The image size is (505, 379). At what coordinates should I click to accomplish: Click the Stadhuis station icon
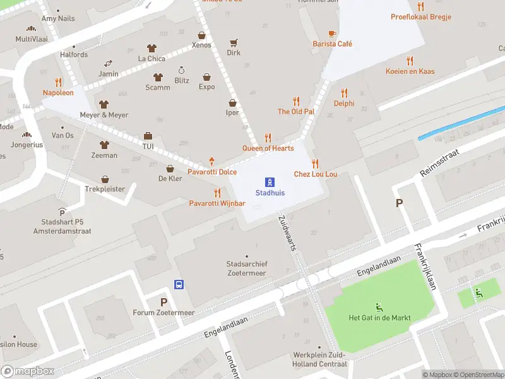[269, 182]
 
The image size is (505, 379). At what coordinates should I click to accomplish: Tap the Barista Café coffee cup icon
[332, 33]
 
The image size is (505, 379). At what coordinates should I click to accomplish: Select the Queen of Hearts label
[268, 148]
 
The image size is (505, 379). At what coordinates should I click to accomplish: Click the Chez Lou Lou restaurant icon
[315, 164]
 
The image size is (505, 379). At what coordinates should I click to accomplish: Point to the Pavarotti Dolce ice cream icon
[212, 162]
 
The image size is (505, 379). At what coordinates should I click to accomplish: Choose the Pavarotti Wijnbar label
[217, 203]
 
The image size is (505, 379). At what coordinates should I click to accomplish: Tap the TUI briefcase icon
[148, 136]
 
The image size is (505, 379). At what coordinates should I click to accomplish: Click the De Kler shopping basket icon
[170, 169]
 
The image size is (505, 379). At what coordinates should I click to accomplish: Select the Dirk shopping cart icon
[234, 43]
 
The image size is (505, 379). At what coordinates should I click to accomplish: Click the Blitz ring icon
[182, 70]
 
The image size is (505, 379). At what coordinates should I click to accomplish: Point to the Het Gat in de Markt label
[380, 318]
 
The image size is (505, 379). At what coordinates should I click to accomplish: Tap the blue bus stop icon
[179, 284]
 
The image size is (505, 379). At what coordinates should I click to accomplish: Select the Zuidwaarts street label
[287, 233]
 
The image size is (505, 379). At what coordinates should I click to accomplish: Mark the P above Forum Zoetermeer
[163, 303]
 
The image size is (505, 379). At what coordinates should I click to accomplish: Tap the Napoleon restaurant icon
[58, 82]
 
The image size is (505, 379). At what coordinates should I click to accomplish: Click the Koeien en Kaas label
[410, 71]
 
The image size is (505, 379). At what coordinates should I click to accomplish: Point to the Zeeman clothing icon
[104, 145]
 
